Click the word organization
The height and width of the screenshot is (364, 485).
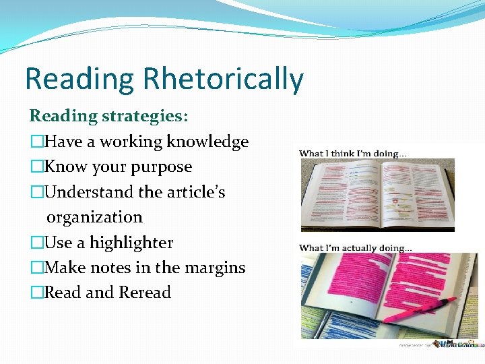tap(94, 217)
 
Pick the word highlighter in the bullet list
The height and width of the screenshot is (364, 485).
tap(131, 243)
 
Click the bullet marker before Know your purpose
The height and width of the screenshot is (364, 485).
tap(36, 167)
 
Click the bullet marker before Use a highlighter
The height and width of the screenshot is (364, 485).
tap(36, 243)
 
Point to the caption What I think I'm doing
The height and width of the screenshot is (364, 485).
tap(352, 154)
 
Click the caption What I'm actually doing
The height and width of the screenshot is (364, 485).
tap(355, 247)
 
